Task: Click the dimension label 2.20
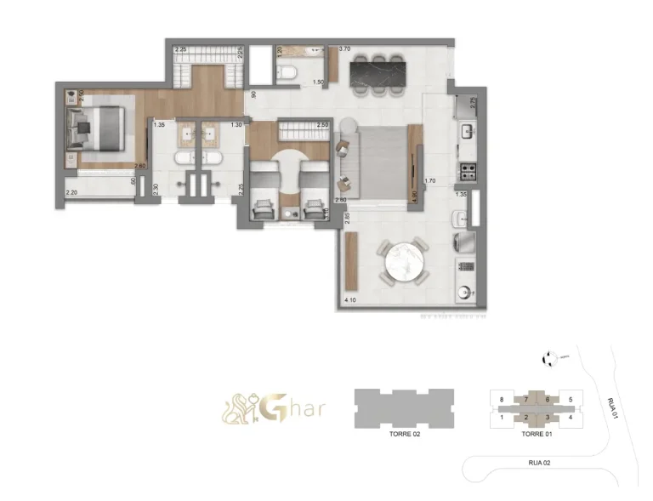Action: [71, 194]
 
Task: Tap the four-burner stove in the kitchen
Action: [466, 172]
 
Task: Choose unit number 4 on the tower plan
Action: [571, 417]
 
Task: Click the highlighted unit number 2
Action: [526, 417]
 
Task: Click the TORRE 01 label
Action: [536, 433]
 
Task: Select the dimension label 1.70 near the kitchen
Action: [429, 181]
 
